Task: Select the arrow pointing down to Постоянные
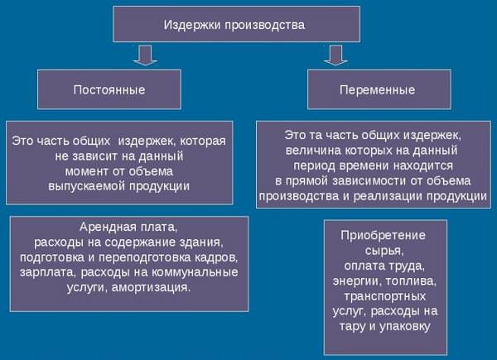click(145, 55)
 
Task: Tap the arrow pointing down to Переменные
click(336, 55)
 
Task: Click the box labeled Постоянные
click(109, 89)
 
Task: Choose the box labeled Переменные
click(379, 89)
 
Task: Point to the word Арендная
click(104, 227)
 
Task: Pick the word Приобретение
click(384, 236)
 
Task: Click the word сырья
click(384, 252)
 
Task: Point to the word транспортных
click(385, 296)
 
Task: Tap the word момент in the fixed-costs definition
click(85, 171)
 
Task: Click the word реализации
click(388, 196)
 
